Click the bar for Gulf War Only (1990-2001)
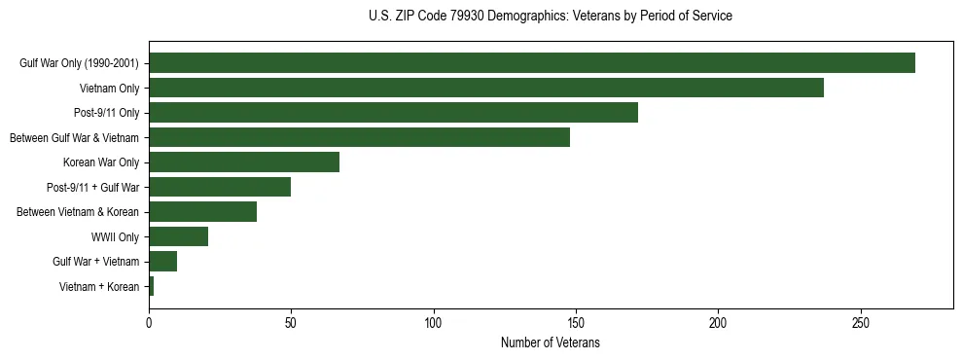[531, 63]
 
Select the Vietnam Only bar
[486, 88]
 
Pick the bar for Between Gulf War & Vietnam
[359, 137]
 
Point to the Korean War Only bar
[244, 162]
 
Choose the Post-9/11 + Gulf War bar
[220, 187]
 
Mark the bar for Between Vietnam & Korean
[202, 212]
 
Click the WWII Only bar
[178, 236]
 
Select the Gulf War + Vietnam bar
[162, 262]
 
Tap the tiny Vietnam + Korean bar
[152, 286]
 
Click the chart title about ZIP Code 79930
[551, 17]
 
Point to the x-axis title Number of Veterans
[551, 343]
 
